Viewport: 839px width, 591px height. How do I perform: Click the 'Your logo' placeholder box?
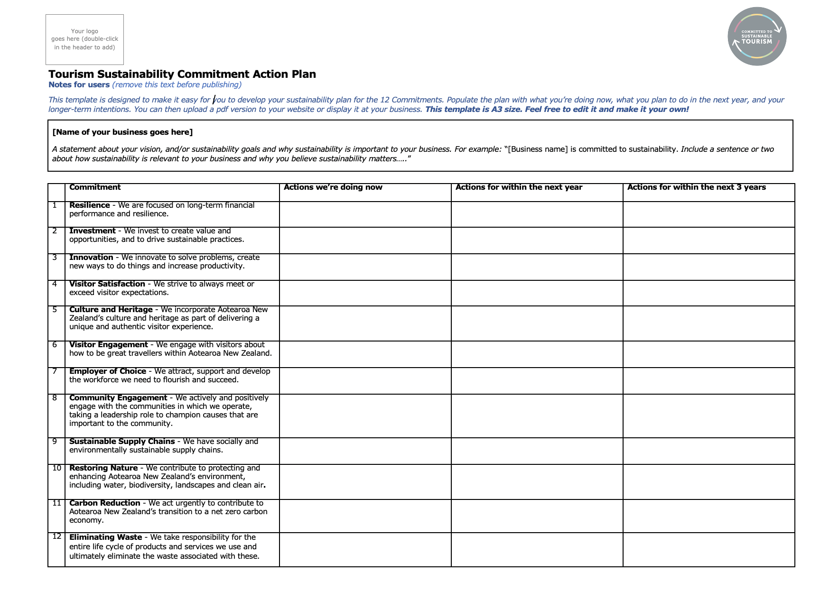[84, 39]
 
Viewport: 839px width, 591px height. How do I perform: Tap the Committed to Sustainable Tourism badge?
[757, 37]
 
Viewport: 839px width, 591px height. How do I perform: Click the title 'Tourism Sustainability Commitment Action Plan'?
[182, 74]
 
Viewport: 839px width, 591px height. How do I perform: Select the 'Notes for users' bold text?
[79, 85]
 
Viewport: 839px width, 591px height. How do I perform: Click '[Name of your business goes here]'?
[122, 132]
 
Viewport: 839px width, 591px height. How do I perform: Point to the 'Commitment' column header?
[95, 187]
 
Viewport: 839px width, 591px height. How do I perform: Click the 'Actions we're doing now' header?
[333, 187]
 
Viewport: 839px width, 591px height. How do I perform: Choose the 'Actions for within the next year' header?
[519, 187]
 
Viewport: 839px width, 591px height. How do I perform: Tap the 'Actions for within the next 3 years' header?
[696, 187]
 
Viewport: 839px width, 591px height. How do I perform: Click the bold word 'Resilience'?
[90, 205]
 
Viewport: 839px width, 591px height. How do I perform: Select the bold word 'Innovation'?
[91, 258]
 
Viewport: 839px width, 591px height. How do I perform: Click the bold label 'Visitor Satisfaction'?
[107, 284]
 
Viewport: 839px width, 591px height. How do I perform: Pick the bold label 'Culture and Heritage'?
[111, 310]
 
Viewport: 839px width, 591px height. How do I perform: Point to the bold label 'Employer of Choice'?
[108, 371]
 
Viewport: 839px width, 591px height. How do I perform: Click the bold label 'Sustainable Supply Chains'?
[122, 442]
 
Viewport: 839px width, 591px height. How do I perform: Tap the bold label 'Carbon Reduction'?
[105, 503]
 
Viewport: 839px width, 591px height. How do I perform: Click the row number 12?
[57, 536]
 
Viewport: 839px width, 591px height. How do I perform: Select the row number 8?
[55, 398]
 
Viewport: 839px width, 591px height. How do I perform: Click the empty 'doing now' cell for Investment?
[365, 240]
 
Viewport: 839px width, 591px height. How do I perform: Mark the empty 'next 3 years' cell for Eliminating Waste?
[708, 550]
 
